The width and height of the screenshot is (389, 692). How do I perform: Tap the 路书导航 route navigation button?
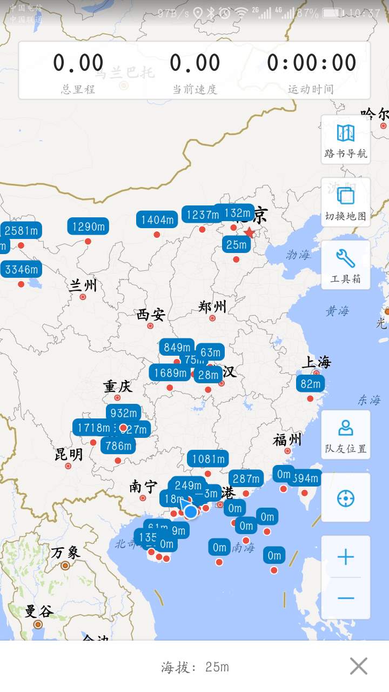(x=346, y=139)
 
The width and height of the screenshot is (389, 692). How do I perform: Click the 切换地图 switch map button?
(x=346, y=202)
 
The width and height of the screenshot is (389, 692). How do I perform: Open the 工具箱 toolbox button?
(x=346, y=265)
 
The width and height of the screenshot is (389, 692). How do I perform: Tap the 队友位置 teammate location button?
(x=346, y=435)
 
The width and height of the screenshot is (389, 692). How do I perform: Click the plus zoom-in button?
(x=346, y=557)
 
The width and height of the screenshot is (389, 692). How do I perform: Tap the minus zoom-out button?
(x=346, y=598)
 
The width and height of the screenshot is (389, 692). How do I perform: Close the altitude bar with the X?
(x=358, y=666)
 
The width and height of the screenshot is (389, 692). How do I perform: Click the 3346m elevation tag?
(x=22, y=269)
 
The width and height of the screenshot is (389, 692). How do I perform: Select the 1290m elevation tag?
(x=88, y=226)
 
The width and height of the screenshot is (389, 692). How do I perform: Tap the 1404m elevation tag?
(x=157, y=219)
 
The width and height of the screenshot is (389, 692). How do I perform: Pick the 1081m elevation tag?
(x=207, y=459)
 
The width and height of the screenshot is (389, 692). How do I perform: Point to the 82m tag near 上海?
(x=310, y=384)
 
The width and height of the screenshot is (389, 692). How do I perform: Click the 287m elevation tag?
(x=246, y=478)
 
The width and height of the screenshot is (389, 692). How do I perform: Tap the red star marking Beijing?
(x=249, y=232)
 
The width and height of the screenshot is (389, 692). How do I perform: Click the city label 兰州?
(x=83, y=285)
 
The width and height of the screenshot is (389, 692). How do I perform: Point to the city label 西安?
(x=150, y=315)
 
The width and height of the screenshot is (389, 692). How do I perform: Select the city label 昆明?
(x=69, y=454)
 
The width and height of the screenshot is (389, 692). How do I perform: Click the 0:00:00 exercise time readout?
(x=311, y=64)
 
